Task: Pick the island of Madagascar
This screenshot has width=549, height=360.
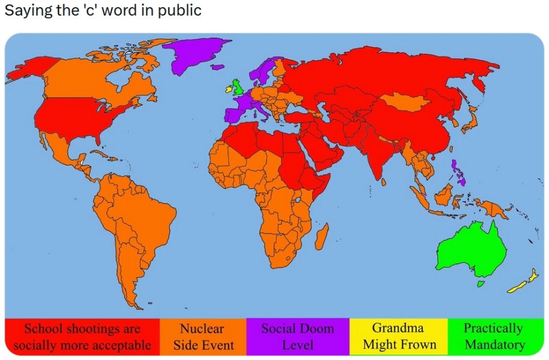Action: (x=323, y=235)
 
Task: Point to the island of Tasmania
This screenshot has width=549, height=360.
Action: (x=479, y=283)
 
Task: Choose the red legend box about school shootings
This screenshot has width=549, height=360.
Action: (x=82, y=337)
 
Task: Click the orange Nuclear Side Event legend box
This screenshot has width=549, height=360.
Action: (x=203, y=337)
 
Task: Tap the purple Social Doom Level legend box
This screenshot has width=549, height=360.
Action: (x=298, y=337)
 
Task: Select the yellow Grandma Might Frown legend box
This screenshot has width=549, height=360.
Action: (x=398, y=337)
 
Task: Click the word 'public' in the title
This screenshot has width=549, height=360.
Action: (x=180, y=11)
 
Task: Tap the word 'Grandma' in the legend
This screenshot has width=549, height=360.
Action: (x=398, y=328)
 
